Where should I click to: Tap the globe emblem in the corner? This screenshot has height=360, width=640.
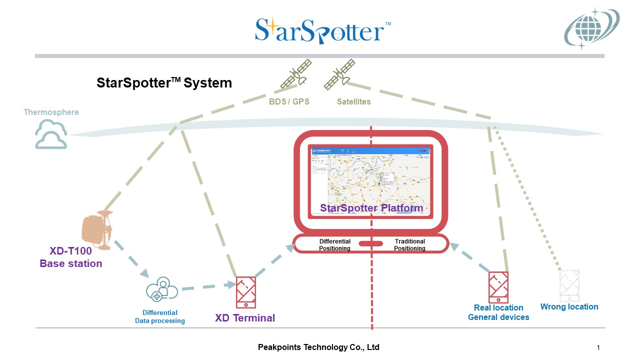pos(591,29)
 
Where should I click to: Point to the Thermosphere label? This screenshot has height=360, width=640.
pos(51,112)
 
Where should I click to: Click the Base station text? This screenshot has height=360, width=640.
pos(71,264)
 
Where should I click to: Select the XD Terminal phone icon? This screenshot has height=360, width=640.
pos(246,292)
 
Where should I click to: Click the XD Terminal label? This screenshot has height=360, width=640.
pos(245,318)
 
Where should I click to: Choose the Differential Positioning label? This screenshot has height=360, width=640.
pos(335,244)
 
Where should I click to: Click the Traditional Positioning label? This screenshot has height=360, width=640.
pos(409,244)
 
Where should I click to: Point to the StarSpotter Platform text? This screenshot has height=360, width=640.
pos(371,208)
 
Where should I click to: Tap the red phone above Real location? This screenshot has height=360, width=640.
pos(498,287)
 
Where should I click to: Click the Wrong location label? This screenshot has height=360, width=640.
pos(569,307)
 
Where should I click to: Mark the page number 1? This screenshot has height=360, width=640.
pos(598,347)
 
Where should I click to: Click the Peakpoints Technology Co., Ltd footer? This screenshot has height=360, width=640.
pos(318,347)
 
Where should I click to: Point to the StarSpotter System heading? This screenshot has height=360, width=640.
pos(164,83)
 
